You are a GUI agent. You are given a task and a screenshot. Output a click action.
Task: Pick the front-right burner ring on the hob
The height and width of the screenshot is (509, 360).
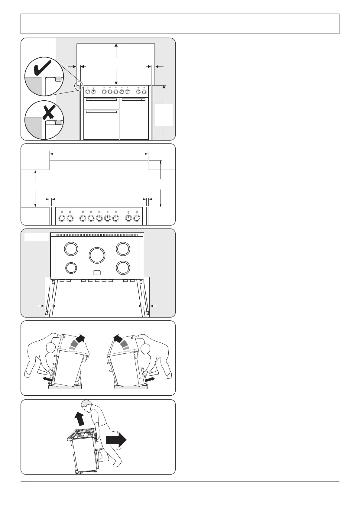tap(123, 267)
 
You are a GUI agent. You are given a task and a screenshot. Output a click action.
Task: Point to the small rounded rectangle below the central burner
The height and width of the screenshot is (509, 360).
tap(97, 273)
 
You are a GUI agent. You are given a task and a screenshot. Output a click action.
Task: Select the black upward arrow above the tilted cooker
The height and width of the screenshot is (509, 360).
tap(79, 419)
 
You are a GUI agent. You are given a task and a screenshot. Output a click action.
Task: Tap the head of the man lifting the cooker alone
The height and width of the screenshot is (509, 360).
tap(87, 405)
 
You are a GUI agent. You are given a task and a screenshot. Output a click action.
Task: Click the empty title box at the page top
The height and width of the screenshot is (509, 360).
tap(180, 24)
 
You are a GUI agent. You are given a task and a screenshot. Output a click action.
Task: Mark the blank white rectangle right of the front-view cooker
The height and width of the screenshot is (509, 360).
tap(164, 115)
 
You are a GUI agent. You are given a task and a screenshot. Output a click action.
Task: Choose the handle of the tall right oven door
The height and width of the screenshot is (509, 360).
tap(134, 99)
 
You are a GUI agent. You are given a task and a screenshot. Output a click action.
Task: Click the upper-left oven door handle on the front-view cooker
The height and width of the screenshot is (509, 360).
tap(101, 99)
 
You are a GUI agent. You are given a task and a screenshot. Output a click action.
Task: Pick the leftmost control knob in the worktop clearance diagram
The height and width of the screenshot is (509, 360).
tap(62, 218)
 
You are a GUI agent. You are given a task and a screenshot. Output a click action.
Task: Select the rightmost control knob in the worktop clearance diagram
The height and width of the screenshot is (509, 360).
tap(137, 218)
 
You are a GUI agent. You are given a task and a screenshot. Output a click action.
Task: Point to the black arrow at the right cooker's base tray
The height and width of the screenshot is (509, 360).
tap(150, 379)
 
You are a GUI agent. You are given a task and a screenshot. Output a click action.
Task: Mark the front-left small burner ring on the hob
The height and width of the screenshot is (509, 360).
tap(71, 268)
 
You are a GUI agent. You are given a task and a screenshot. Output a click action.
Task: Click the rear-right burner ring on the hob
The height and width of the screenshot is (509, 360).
tap(123, 249)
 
